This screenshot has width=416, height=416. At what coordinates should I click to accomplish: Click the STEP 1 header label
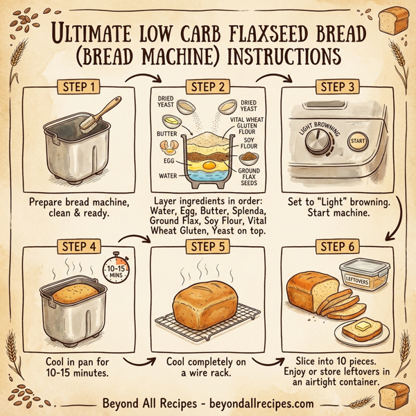click(x=77, y=88)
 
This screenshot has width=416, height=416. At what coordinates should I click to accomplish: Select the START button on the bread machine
click(x=358, y=141)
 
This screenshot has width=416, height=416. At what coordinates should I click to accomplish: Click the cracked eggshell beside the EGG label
click(x=168, y=146)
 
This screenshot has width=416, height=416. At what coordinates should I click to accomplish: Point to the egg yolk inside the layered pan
click(x=208, y=166)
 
